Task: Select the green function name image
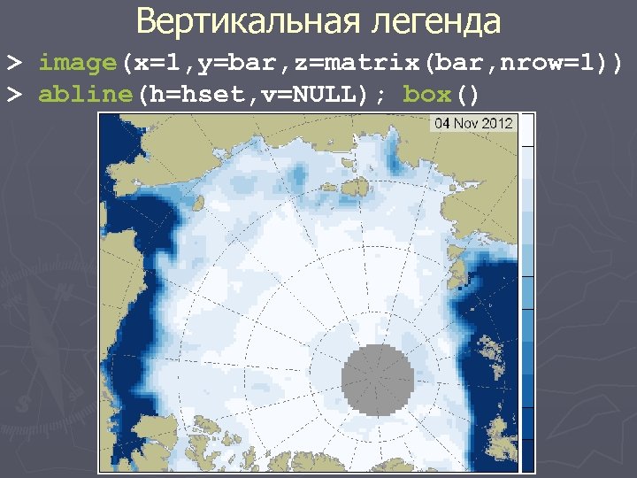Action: (78, 64)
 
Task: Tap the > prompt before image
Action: (14, 64)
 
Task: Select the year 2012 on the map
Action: (497, 123)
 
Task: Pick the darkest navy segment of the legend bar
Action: (527, 451)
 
